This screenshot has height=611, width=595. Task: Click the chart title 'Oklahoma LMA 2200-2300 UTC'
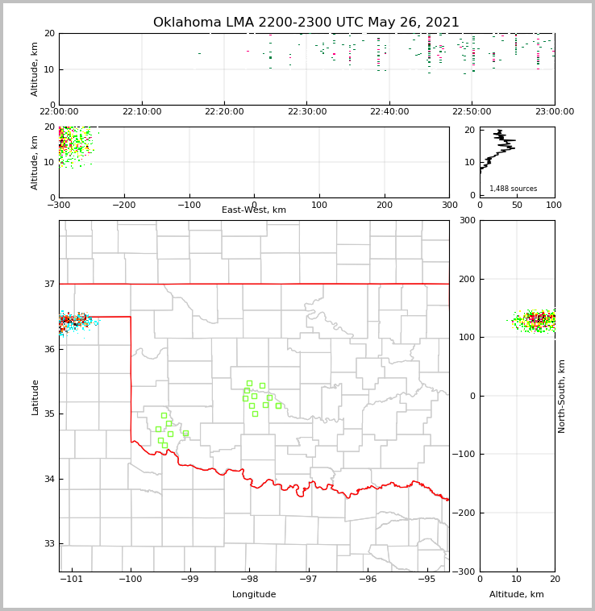tap(306, 23)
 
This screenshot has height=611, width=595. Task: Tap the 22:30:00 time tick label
tap(307, 112)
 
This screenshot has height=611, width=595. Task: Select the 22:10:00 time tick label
tap(142, 112)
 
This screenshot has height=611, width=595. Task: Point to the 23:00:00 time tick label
tap(555, 112)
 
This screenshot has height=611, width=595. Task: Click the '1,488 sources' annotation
tap(513, 189)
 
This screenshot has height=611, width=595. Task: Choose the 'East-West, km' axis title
tap(254, 210)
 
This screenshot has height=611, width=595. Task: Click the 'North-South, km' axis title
tap(562, 396)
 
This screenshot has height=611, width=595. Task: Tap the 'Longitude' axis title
tap(254, 595)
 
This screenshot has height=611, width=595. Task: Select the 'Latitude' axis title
tap(35, 397)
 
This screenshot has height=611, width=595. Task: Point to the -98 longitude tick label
tap(249, 579)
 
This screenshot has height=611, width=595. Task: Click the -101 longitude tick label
tap(72, 579)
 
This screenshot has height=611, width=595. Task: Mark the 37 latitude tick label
tap(48, 285)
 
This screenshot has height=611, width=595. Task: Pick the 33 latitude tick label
tap(48, 544)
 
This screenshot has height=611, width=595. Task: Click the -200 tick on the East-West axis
tap(124, 205)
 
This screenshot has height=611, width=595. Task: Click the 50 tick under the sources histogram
tap(517, 205)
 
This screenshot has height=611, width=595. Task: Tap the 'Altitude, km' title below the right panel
tap(517, 595)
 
